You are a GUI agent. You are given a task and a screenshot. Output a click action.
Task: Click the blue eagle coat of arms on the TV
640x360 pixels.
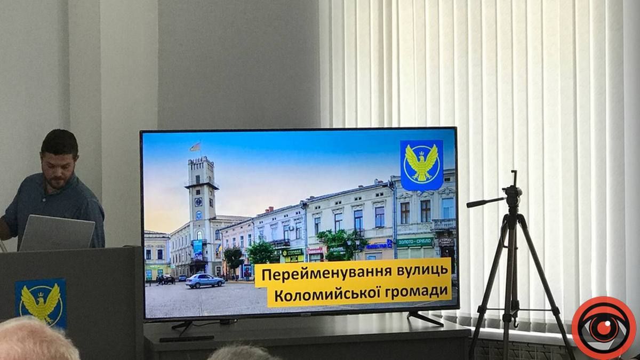tap(421, 165)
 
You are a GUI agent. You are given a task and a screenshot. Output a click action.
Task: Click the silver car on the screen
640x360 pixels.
tap(205, 281)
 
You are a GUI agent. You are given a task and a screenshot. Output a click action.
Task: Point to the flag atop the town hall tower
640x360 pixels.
tap(195, 147)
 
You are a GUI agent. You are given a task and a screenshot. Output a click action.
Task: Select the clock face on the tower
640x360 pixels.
tap(198, 202)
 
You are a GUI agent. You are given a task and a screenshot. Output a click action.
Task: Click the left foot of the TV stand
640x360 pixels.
tap(181, 325)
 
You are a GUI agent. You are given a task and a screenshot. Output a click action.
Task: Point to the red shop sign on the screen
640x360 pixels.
tap(315, 250)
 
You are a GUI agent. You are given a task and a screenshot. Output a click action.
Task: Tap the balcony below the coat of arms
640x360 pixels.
tap(444, 224)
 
